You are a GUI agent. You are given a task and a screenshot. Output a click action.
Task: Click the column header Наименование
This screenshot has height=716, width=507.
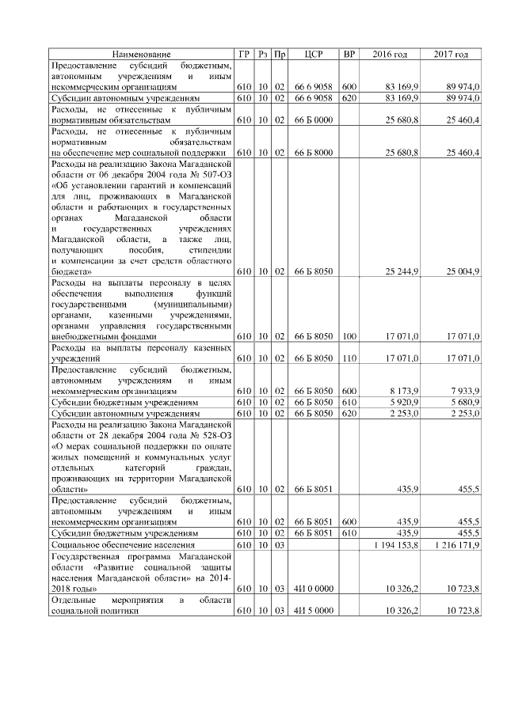coord(141,55)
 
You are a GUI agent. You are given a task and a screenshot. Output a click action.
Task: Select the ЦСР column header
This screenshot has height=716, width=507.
coord(311,55)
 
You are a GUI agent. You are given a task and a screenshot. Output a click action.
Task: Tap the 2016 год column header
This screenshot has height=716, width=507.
coord(390,55)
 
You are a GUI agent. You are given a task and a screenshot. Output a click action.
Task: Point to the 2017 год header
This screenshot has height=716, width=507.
coord(451,55)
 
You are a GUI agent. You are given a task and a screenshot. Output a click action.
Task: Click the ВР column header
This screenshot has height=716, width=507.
coord(349,55)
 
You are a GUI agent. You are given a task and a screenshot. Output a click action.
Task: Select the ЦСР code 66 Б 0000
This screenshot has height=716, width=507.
coord(311,119)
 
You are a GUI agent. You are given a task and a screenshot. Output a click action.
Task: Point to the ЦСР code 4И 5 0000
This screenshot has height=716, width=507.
coord(311,611)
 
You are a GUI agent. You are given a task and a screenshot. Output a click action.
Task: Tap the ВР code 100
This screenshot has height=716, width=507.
coord(349,336)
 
